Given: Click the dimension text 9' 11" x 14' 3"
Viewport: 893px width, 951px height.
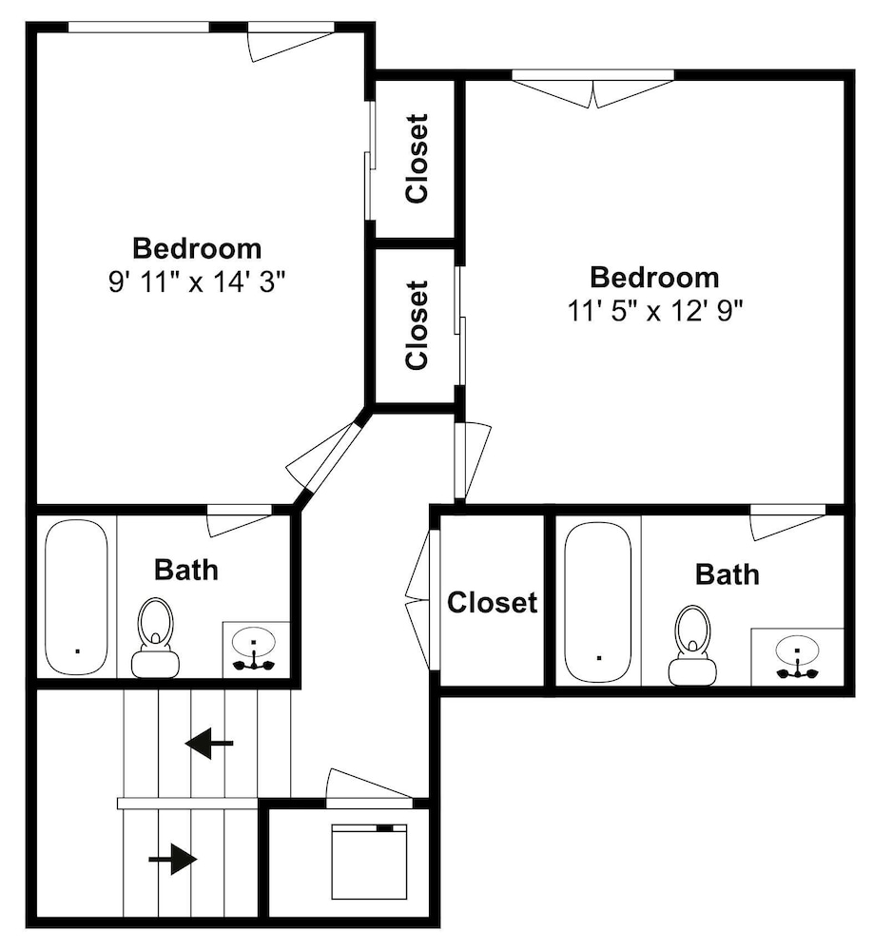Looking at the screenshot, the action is point(197,281).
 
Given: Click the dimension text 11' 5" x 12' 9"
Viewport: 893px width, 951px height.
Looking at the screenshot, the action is point(655,311).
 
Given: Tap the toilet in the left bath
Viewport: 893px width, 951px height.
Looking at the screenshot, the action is point(155,638).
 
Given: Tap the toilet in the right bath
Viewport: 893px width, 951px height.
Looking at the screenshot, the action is point(692,646).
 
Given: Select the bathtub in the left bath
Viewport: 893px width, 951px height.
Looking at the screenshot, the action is point(77,597).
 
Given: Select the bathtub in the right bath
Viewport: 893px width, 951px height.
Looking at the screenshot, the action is point(597,603).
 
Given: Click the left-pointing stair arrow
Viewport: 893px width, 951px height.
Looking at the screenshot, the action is point(209,743).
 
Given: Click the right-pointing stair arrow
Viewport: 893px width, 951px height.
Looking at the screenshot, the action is point(173,860).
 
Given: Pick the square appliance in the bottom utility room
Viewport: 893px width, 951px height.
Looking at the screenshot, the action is point(369,862).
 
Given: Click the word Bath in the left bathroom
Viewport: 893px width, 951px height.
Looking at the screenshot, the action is point(186,570).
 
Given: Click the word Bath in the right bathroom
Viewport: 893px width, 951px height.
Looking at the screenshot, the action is point(728,574).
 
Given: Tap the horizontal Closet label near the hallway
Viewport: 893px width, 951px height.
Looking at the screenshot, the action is point(493,602).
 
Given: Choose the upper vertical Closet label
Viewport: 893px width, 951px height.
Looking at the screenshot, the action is point(417,158).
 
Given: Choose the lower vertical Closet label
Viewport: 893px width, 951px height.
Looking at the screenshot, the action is point(417,325).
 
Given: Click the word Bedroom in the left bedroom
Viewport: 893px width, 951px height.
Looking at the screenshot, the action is point(197,248).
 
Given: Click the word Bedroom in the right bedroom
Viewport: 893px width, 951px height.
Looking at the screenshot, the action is point(655,277).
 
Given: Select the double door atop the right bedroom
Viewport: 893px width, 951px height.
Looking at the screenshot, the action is point(592,89).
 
